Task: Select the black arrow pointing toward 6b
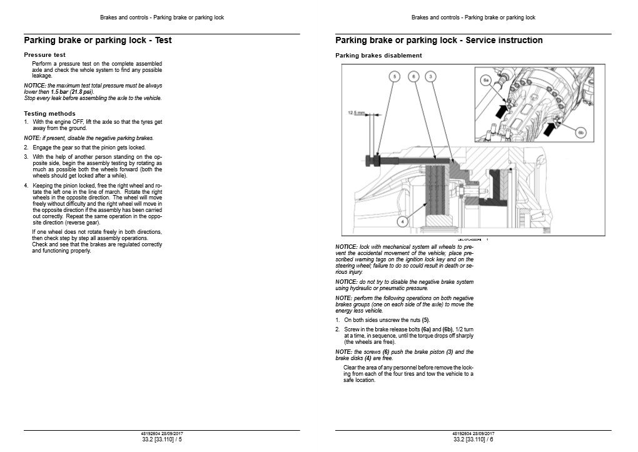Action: coord(551,129)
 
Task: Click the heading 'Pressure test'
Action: coord(44,55)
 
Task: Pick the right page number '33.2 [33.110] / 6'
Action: coord(473,439)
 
